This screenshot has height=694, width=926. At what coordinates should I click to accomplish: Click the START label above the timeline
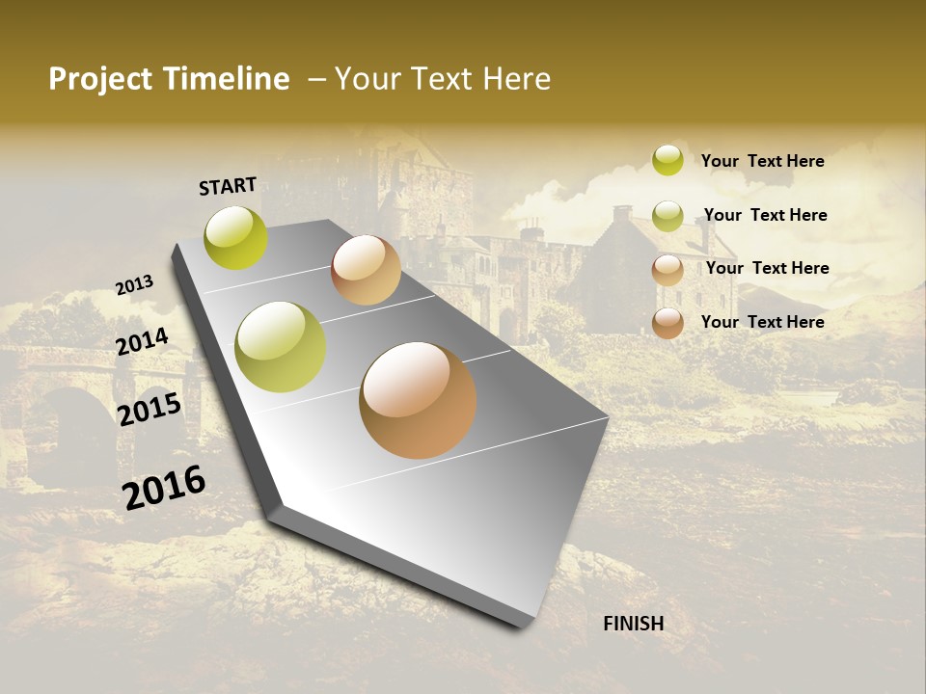click(x=228, y=186)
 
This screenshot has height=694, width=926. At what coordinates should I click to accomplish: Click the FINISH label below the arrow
click(x=634, y=624)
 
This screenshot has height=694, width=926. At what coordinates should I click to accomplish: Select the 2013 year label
click(x=134, y=285)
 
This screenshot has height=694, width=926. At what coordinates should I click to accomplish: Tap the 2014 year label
click(x=142, y=341)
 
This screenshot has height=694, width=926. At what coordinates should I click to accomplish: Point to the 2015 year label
click(x=149, y=410)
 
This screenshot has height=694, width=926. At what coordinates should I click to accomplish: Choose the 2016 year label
click(x=164, y=488)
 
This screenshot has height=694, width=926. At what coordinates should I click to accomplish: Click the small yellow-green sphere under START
click(x=236, y=237)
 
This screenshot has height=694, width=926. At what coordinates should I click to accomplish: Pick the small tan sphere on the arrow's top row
click(x=366, y=270)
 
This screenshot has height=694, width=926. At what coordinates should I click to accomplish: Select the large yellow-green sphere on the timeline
click(x=281, y=347)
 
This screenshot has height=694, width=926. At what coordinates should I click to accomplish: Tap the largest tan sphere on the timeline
click(x=418, y=400)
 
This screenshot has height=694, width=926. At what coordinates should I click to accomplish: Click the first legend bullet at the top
click(x=667, y=160)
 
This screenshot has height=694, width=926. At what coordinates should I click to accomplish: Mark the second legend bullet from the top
click(x=667, y=216)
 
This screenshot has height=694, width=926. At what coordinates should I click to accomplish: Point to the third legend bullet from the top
click(x=667, y=270)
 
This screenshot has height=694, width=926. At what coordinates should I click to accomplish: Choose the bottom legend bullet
click(x=667, y=323)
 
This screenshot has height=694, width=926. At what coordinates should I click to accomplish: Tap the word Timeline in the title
click(x=227, y=79)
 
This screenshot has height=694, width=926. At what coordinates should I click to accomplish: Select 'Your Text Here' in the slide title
click(x=443, y=79)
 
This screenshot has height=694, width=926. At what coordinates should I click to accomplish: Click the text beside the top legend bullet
click(x=763, y=161)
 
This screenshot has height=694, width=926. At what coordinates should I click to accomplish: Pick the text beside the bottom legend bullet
click(x=763, y=322)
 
